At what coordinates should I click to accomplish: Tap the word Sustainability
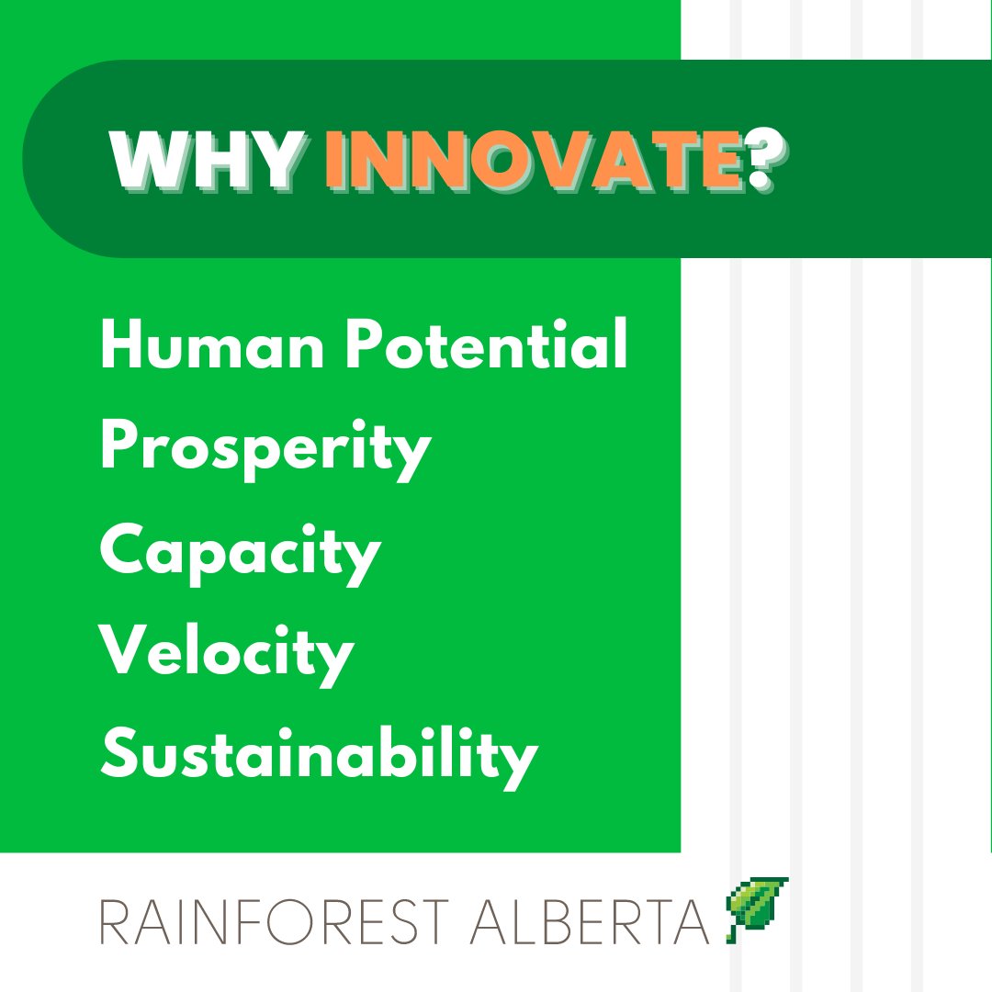point(318,757)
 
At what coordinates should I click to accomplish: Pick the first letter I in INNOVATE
point(335,160)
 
